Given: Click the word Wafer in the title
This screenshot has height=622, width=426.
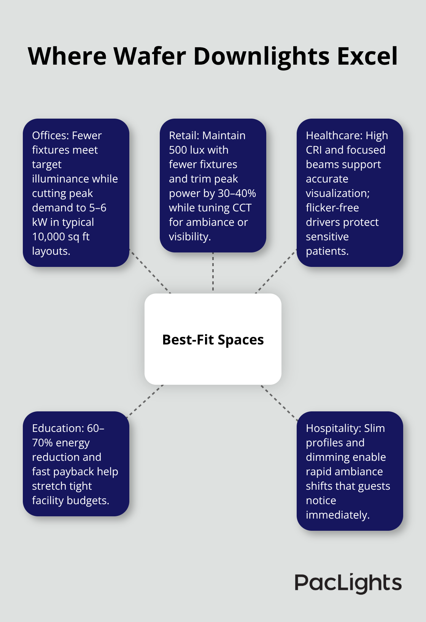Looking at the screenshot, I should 150,56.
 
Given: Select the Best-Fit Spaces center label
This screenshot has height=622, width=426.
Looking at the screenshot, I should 213,340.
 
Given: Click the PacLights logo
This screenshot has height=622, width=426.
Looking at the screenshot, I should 348,583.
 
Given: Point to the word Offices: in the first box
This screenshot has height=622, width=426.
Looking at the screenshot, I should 51,136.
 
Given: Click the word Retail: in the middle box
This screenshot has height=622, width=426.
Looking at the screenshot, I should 184,136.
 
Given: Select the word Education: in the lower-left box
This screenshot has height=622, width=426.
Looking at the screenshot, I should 58,428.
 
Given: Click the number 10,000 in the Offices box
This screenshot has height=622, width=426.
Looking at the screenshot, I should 48,237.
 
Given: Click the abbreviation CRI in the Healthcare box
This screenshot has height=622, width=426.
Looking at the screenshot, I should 314,150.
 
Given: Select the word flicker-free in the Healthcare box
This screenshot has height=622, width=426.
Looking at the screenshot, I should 332,208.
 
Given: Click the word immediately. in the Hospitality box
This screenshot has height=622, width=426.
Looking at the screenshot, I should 337,515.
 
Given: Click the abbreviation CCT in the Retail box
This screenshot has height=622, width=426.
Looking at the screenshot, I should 242,208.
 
